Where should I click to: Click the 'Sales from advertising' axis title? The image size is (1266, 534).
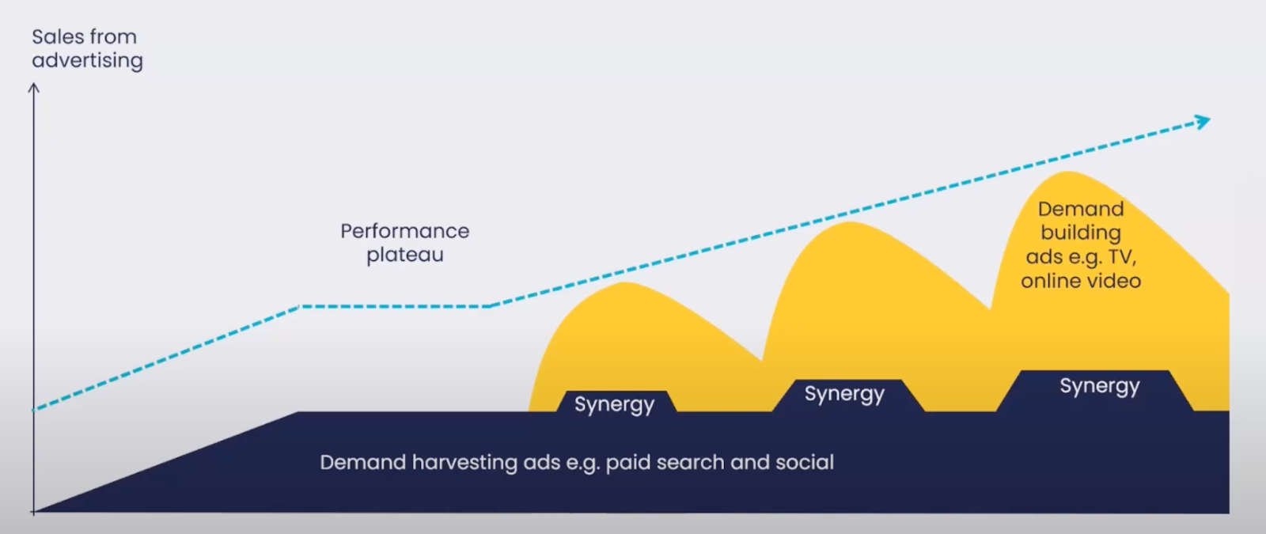(87, 48)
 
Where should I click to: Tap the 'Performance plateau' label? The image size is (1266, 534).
(404, 242)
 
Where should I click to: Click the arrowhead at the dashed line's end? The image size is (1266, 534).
(1202, 122)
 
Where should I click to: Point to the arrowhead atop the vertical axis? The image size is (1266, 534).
(34, 88)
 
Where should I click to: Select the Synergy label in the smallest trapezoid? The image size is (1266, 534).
(614, 404)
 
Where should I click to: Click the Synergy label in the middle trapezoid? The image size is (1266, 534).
(844, 394)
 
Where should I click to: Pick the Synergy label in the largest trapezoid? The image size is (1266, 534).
(1099, 387)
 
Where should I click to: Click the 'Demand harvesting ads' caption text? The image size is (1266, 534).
(577, 462)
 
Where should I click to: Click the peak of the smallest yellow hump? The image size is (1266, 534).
(624, 282)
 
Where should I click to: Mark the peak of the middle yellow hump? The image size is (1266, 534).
(850, 222)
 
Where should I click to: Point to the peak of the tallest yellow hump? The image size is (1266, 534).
(1067, 172)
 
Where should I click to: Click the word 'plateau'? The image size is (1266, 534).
(404, 255)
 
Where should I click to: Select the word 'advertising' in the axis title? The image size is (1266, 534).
(87, 60)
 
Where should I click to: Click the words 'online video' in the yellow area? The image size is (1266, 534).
(1081, 281)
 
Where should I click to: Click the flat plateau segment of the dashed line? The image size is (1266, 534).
(395, 307)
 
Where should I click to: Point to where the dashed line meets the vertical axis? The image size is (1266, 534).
(34, 410)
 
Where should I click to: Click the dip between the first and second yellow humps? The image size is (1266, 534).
(762, 360)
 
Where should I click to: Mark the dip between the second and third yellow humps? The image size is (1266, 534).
(990, 309)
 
